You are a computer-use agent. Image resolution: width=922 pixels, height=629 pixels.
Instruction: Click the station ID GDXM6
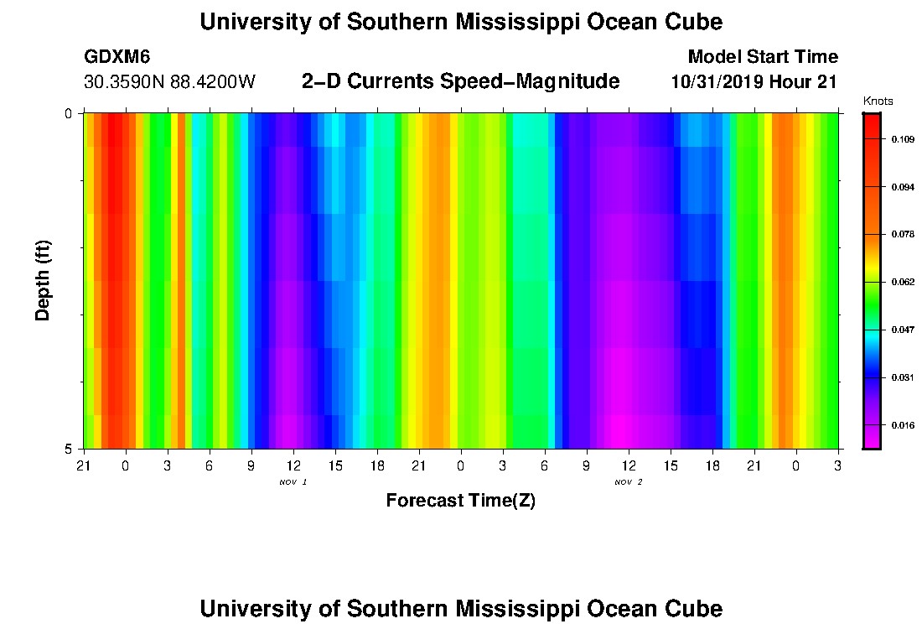(117, 57)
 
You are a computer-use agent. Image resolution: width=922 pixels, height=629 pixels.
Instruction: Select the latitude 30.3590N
(124, 82)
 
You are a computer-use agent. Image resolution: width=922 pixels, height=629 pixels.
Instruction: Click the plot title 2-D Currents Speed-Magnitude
(460, 81)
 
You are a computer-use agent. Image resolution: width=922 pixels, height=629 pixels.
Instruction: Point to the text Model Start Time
(762, 57)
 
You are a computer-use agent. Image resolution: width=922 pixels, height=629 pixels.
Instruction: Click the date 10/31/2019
(723, 82)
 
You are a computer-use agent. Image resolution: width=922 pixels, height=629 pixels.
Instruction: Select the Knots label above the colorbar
(878, 101)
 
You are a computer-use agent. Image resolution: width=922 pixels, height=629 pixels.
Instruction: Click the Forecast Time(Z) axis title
(460, 501)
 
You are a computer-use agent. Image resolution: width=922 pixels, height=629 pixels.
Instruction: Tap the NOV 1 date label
(293, 482)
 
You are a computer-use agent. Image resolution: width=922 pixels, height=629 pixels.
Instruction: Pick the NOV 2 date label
(628, 482)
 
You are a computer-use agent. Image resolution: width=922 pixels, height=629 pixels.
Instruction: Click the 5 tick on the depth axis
(69, 449)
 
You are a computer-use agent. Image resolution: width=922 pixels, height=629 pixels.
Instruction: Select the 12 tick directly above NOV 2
(628, 464)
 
